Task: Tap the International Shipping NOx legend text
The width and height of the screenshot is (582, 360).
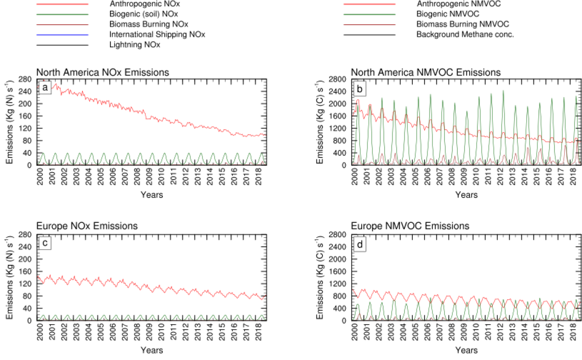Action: tap(157, 35)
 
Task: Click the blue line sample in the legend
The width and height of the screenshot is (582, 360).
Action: tap(62, 35)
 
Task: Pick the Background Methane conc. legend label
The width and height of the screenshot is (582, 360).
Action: tap(465, 35)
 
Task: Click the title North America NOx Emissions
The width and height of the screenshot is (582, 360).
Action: tap(103, 72)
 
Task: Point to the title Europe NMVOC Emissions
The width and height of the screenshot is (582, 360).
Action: tap(410, 226)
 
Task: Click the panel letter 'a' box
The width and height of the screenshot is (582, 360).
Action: tap(45, 88)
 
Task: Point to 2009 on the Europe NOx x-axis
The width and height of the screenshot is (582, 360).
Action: tap(149, 333)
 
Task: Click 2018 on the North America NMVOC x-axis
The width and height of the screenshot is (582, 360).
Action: tap(574, 179)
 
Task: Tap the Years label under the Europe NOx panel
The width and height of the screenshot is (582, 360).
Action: tap(151, 350)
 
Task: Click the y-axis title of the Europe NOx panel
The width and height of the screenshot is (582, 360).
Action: tap(10, 277)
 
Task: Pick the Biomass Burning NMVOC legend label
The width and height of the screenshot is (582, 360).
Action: tap(462, 24)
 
